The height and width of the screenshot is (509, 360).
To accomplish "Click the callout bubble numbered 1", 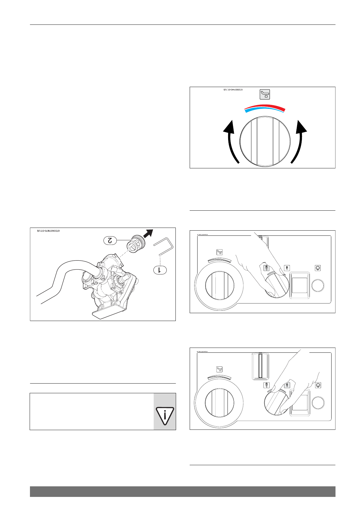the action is pos(160,270).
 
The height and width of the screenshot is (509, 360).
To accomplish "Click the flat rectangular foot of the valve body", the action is pos(106,312).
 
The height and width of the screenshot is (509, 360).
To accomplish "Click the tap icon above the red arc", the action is pos(265,94).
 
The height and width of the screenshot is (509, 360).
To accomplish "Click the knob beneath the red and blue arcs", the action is pos(265,141).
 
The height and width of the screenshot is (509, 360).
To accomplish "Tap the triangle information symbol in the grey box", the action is pos(165,416).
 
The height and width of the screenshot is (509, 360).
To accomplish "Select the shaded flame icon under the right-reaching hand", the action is pos(287,385).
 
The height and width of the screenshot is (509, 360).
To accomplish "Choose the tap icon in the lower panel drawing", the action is pos(220,369).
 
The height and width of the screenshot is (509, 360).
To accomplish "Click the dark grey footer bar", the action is pos(182,491).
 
